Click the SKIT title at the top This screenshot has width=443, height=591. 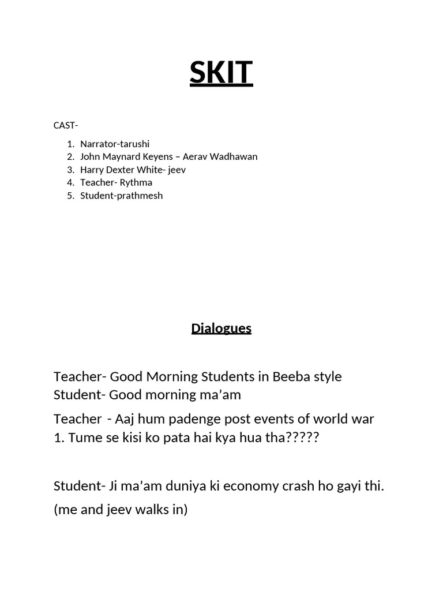221,73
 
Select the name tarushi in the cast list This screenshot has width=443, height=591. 134,144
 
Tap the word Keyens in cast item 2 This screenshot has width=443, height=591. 157,156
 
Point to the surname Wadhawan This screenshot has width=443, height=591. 235,156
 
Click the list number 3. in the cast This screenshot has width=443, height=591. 70,170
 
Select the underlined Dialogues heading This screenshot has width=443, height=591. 221,328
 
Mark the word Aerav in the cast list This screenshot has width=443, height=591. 196,156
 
